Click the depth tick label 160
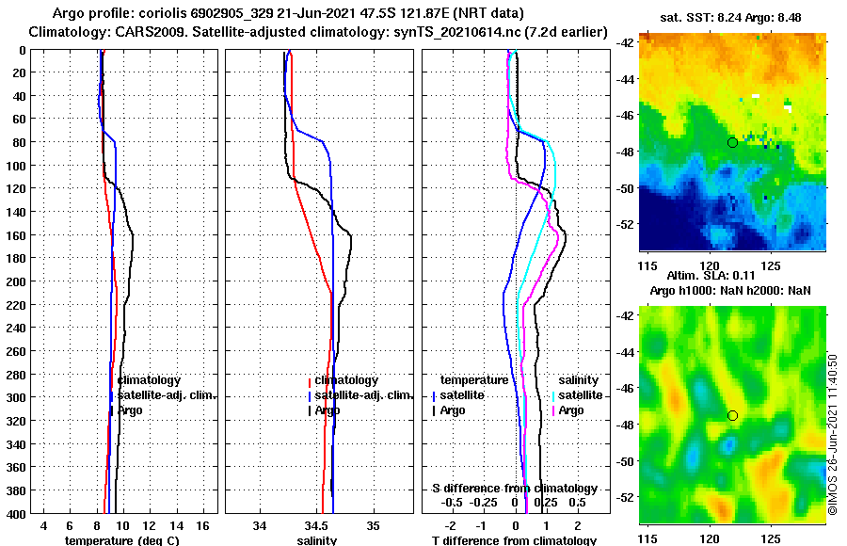(16, 235)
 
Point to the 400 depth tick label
(16, 514)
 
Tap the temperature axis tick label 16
(202, 525)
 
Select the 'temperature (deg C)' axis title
(121, 540)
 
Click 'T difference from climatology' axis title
(514, 540)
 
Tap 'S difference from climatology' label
(514, 489)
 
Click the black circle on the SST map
(732, 142)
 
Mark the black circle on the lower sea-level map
(732, 415)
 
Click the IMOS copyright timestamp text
(833, 434)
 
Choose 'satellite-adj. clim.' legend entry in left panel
(166, 395)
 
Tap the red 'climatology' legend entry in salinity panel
(345, 380)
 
